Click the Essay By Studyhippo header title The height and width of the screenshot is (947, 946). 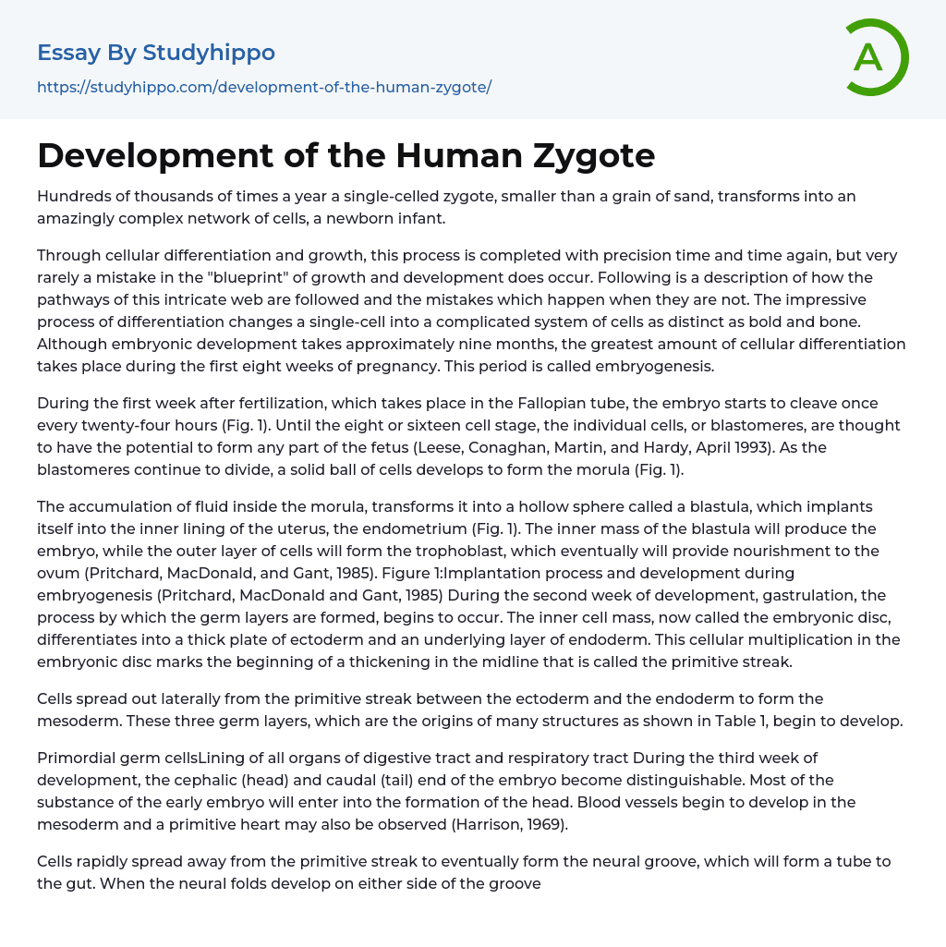tap(156, 53)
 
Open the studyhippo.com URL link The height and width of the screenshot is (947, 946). tap(264, 87)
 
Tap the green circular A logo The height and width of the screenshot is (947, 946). tap(871, 57)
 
